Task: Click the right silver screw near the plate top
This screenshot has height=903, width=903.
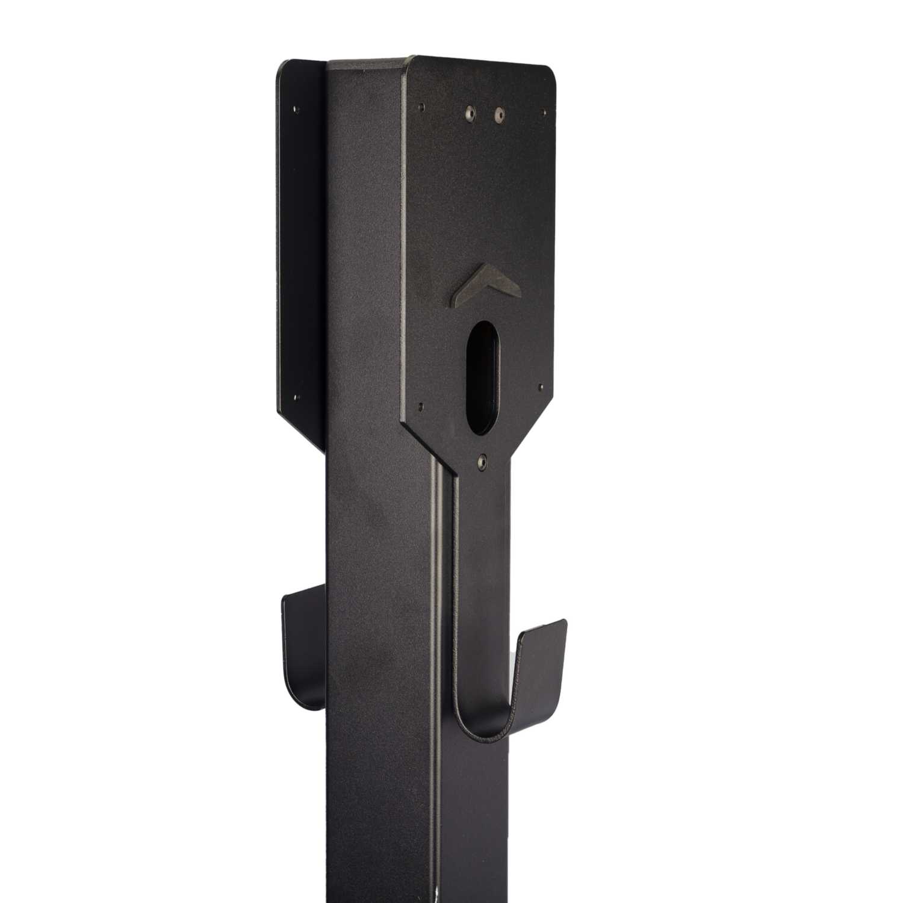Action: pos(499,113)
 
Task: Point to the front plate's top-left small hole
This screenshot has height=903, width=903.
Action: pos(421,105)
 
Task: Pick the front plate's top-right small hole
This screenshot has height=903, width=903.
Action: pos(547,112)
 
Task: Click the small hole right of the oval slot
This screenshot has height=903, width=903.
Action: pos(541,388)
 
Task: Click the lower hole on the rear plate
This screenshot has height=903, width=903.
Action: pos(296,397)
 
